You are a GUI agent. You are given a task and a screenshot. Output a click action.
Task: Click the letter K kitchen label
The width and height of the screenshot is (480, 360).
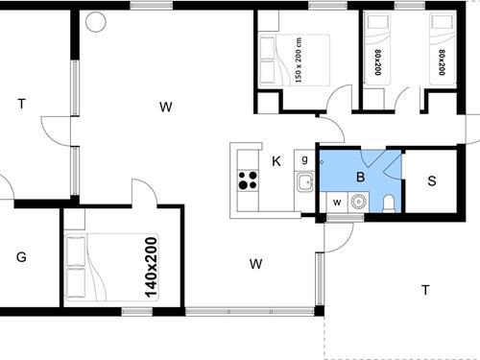(x=276, y=161)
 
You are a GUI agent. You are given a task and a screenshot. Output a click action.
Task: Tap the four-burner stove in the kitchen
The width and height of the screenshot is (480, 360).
(x=248, y=179)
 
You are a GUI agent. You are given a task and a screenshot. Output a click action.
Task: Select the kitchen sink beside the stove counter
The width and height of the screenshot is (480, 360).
(x=304, y=183)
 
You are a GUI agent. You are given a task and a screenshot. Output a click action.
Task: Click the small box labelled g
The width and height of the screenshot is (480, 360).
(x=304, y=159)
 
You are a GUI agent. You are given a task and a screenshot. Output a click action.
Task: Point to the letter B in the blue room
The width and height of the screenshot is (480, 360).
(x=361, y=177)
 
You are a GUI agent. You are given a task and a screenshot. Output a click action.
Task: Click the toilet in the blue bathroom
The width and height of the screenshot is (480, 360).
(x=388, y=201)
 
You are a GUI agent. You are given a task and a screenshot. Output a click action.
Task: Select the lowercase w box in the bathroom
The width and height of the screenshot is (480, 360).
(x=337, y=202)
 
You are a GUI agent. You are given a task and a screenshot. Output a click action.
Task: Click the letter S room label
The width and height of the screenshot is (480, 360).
(x=431, y=180)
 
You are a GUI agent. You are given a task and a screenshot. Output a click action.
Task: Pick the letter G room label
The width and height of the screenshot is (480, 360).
(x=20, y=256)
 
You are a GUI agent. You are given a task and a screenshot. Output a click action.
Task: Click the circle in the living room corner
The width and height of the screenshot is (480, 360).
(x=93, y=20)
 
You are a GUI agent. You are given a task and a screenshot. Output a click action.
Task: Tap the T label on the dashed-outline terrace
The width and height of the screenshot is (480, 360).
(x=424, y=289)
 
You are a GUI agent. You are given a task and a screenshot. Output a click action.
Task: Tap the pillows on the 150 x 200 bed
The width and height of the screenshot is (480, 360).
(x=268, y=60)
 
